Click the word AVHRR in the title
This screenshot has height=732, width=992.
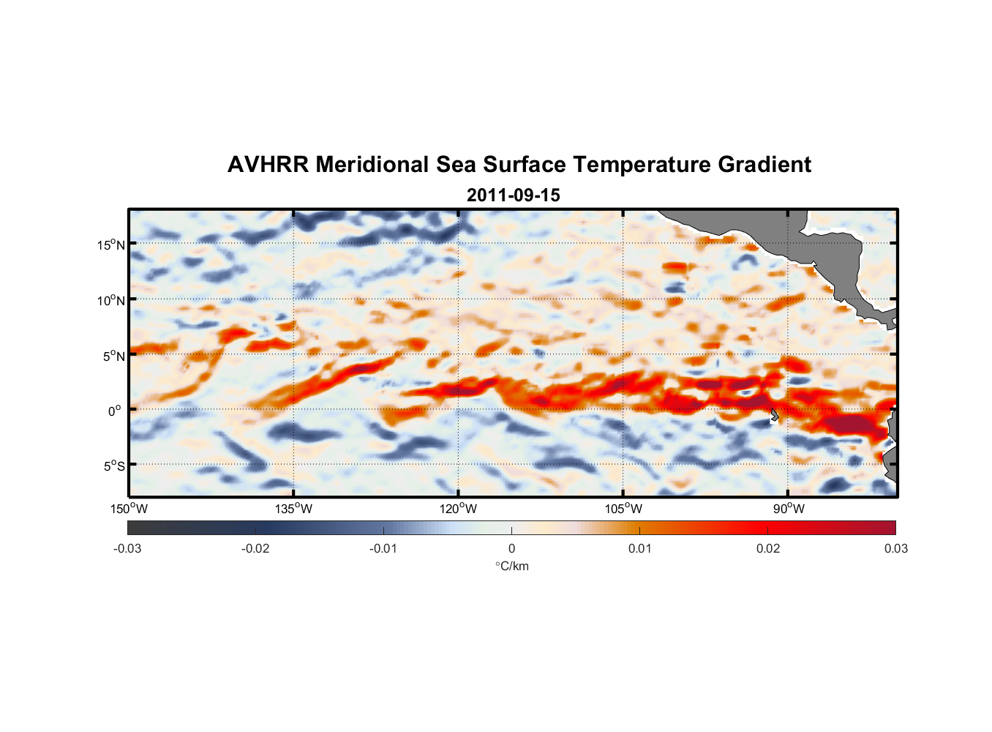[x=268, y=165]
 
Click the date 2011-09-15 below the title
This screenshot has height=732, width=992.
[x=513, y=195]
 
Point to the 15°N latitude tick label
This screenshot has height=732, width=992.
[x=111, y=244]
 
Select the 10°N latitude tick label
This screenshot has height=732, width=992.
[x=111, y=300]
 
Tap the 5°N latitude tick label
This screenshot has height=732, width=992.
[x=114, y=356]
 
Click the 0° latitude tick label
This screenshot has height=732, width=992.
[x=115, y=411]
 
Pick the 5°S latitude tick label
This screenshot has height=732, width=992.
[x=114, y=466]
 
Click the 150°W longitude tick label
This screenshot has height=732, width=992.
[x=129, y=509]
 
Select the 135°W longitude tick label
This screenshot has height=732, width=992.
[x=293, y=509]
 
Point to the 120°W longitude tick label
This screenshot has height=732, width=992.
[x=459, y=509]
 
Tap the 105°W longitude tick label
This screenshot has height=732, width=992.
[x=623, y=509]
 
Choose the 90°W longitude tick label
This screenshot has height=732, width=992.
[x=789, y=509]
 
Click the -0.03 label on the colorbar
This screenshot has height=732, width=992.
[x=127, y=548]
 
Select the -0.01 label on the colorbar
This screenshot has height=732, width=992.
[x=383, y=548]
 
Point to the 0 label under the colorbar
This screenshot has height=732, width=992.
[x=511, y=548]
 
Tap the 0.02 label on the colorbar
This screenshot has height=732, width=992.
[x=768, y=548]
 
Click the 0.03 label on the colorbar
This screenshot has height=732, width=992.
[x=895, y=548]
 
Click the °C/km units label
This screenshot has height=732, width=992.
[x=511, y=566]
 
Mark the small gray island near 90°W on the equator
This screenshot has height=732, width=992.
[x=774, y=415]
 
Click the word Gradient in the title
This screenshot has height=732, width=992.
[x=764, y=165]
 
